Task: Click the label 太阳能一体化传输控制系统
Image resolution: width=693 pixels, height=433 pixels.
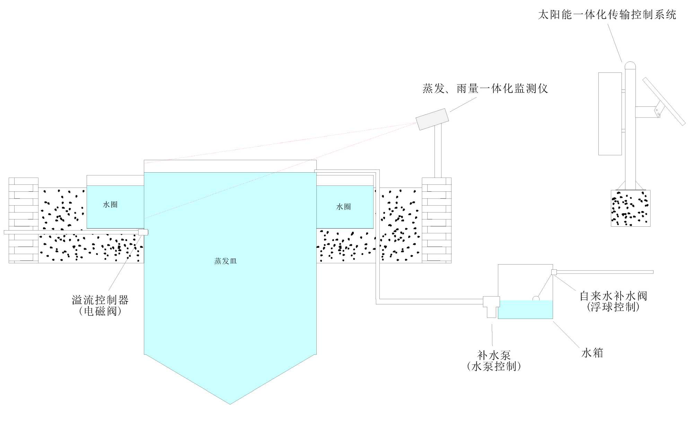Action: (607, 15)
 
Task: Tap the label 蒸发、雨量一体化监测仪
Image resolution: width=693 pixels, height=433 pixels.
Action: (485, 88)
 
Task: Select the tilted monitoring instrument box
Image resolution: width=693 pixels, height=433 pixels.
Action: (432, 119)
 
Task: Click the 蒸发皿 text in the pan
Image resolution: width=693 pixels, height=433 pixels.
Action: (225, 261)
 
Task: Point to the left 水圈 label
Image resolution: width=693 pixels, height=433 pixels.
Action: (110, 205)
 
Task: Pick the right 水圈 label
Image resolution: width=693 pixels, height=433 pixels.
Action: (343, 207)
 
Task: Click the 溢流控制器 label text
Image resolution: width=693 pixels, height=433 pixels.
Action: (100, 300)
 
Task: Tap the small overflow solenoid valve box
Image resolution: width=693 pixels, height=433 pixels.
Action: (143, 232)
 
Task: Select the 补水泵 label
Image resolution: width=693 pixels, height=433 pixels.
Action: (494, 355)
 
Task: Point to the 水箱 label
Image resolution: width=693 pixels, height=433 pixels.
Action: (592, 353)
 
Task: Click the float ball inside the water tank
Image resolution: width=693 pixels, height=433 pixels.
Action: (536, 298)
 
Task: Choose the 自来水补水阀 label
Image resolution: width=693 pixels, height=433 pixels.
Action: (613, 296)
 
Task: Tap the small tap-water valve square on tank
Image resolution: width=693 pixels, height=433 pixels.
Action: (554, 272)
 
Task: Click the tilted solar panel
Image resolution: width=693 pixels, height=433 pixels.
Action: (664, 101)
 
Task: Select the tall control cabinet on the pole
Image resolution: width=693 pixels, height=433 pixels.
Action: (610, 114)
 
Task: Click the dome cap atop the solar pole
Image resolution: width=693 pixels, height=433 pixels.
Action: (630, 65)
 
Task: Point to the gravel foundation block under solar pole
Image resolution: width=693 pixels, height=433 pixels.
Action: (630, 208)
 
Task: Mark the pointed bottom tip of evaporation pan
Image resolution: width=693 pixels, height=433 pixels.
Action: (230, 403)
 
